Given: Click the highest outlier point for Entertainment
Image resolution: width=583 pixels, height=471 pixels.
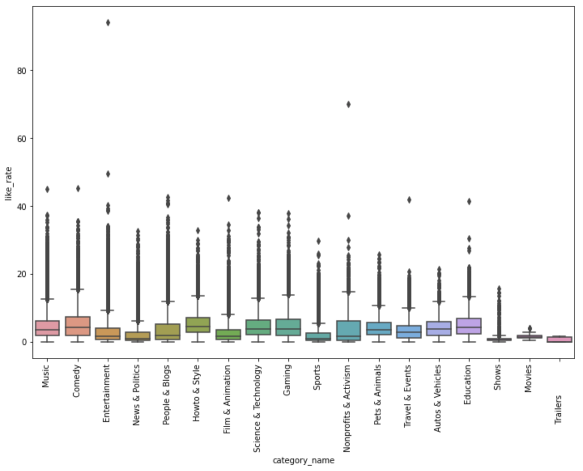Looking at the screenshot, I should tap(108, 23).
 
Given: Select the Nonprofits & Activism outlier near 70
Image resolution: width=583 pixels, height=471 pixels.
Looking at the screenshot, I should tap(348, 104).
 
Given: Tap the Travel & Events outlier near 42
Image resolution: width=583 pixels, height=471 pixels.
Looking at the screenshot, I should tap(409, 200).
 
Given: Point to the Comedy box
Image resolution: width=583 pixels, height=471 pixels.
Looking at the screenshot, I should tap(78, 326).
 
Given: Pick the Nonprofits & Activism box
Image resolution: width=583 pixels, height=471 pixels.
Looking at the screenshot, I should tap(348, 331).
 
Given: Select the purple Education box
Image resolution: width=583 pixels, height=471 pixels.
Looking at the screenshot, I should tap(469, 326).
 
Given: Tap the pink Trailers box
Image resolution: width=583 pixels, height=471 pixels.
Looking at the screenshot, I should tap(560, 339).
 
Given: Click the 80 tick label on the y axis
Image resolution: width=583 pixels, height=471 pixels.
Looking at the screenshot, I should tap(21, 71).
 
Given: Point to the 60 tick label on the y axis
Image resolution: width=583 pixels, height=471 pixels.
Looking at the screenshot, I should tap(21, 139).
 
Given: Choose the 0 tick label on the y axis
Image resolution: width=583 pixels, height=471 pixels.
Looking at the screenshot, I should tap(24, 342).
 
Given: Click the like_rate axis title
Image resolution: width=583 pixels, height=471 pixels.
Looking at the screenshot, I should tap(9, 183).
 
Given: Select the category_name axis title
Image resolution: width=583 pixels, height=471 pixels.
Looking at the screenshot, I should tap(303, 460).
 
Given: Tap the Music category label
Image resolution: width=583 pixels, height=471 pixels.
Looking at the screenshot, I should tap(45, 376).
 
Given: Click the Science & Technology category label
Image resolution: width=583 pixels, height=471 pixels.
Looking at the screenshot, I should tap(257, 408).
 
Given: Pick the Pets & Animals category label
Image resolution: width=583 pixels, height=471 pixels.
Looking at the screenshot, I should tap(377, 395).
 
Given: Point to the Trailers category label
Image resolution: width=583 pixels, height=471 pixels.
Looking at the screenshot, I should tap(558, 409).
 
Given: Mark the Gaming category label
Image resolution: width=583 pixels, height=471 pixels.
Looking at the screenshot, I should tap(287, 380).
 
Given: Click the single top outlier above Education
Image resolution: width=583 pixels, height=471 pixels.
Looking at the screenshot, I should tap(469, 202).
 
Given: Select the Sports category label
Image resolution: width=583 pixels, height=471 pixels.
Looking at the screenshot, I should tap(317, 377).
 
